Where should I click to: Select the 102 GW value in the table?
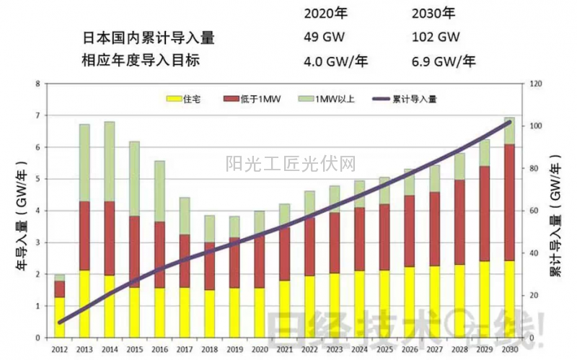tap(436, 37)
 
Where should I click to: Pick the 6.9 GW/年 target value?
tap(444, 61)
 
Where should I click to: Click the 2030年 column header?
tap(435, 13)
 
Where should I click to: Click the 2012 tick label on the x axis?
tap(60, 350)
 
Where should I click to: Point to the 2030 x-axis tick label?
tap(509, 350)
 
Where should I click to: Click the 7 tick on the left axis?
tap(38, 115)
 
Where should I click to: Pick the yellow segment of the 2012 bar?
tap(60, 317)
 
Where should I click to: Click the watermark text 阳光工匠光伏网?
tap(291, 164)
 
